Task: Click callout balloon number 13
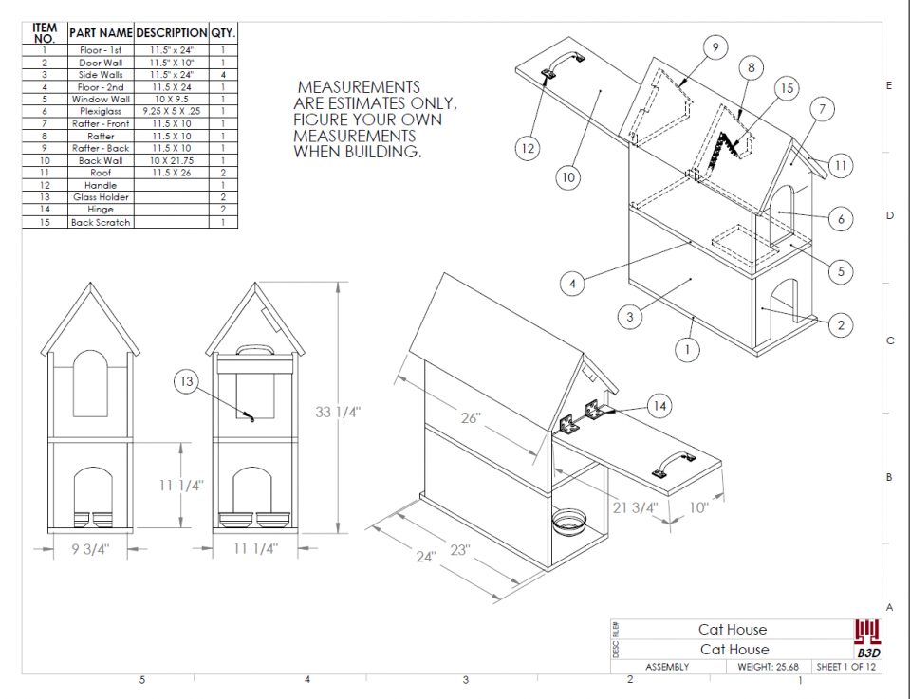coord(187,382)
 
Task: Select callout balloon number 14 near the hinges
coord(662,406)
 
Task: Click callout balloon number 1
coord(689,349)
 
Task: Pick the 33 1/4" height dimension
coord(339,413)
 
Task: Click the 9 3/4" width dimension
coord(89,549)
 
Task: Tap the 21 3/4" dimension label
coord(635,507)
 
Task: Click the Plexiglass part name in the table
coord(101,111)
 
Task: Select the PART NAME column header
coord(101,32)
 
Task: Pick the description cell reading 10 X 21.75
coord(171,160)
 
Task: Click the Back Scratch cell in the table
coord(101,222)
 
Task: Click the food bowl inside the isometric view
coord(568,521)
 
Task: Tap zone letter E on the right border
coord(889,85)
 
